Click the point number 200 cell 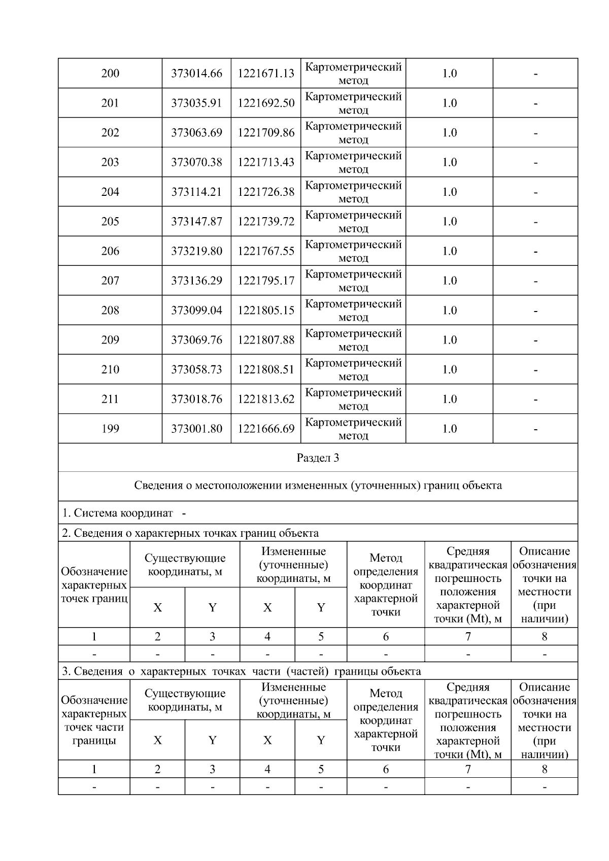coord(110,74)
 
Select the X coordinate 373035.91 coord(196,103)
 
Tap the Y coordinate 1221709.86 coord(266,133)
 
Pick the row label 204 coord(110,192)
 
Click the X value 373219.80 coord(196,251)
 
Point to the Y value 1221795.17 coord(266,281)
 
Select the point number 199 coord(110,429)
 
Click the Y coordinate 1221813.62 coord(266,399)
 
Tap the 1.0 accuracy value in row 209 coord(449,340)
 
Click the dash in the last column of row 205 coord(535,222)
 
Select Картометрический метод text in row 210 coord(353,369)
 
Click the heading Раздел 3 coord(318,458)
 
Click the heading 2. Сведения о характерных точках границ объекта coord(190,533)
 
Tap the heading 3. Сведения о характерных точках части coord(241,671)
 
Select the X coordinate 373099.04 coord(196,311)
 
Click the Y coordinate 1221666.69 coord(266,429)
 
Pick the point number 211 coord(110,399)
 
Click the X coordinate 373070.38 coord(196,162)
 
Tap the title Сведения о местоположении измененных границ coord(318,486)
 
